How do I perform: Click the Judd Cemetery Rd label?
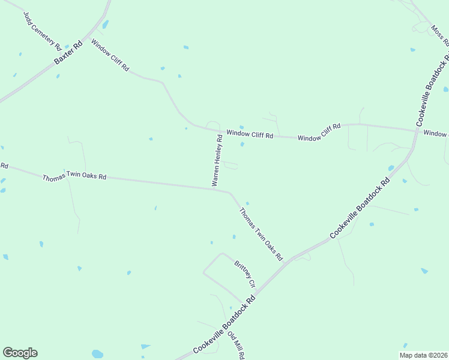coord(43,30)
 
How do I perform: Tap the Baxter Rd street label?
coord(68,53)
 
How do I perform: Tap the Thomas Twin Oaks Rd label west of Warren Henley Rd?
coord(74,177)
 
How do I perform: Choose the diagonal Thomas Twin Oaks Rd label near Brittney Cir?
coord(261,233)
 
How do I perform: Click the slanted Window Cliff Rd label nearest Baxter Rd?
coord(110,56)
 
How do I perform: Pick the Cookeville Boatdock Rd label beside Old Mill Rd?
coord(224,325)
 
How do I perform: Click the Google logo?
coord(20,353)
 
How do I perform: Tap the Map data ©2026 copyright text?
coord(423,355)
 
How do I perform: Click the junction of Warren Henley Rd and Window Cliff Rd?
coord(220,131)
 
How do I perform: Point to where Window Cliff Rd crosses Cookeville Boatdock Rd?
coord(416,130)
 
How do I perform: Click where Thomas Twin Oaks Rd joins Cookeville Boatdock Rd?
coord(289,260)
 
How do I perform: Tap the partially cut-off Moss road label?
coord(439,36)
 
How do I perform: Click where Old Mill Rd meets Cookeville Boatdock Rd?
coord(246,304)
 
